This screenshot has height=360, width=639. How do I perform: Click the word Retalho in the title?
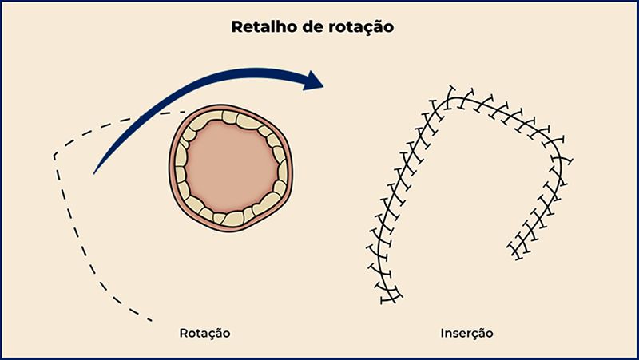point(260,27)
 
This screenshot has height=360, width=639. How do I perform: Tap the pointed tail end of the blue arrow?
point(95,172)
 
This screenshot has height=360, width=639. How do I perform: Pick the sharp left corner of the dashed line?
point(54,156)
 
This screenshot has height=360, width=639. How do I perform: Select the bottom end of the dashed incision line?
point(152,321)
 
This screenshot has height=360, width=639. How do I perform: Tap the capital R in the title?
point(236,27)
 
